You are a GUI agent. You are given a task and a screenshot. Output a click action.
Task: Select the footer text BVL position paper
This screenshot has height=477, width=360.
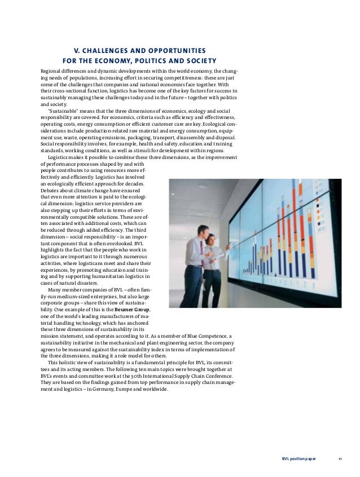pos(299,459)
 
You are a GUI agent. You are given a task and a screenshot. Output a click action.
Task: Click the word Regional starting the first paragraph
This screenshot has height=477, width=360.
pos(51,71)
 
